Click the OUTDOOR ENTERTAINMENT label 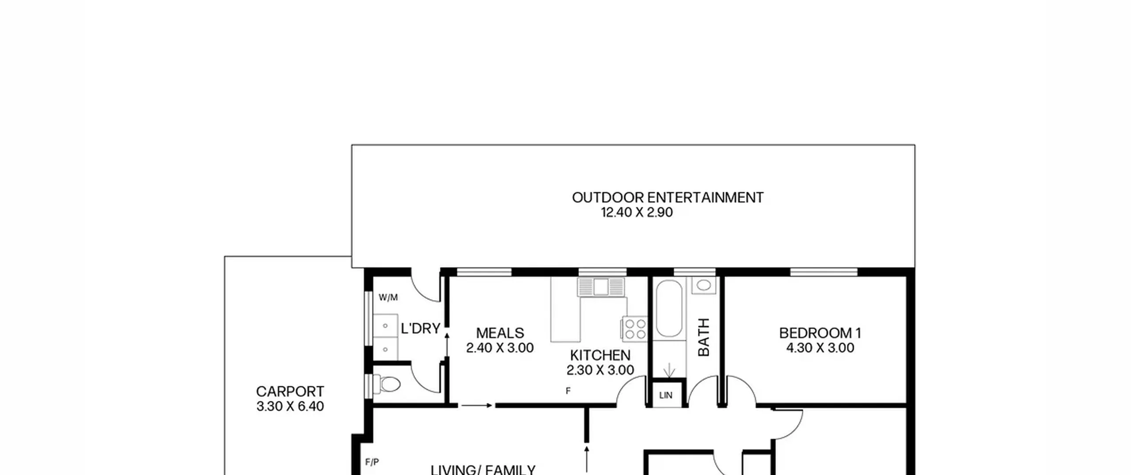668,198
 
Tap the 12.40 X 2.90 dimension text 637,213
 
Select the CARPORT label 290,391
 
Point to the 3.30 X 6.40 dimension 290,407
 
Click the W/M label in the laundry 388,297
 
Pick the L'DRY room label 421,328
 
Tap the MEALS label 500,333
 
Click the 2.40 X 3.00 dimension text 500,348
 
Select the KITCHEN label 600,355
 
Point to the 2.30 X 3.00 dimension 600,370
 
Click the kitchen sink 601,287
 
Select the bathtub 669,309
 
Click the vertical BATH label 703,337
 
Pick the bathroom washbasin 704,285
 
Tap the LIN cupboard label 666,395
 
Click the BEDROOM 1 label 820,333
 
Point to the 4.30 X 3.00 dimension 820,348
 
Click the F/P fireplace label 372,462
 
